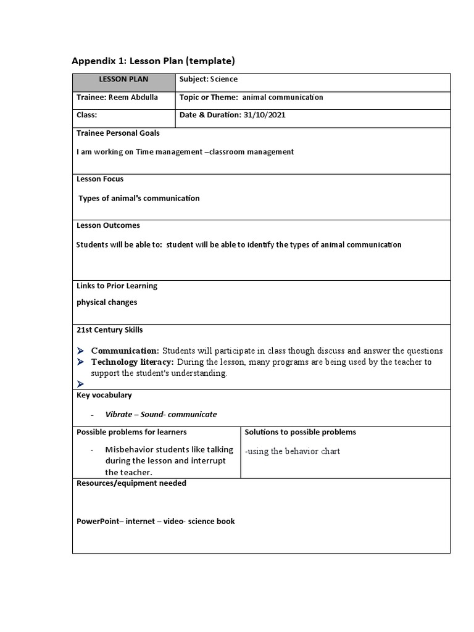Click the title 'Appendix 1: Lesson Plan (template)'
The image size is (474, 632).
click(153, 60)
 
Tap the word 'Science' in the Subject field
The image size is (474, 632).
click(224, 80)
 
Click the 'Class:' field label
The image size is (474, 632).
click(87, 115)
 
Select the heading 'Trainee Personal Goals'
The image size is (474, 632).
click(118, 133)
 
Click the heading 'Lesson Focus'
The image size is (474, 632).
click(100, 179)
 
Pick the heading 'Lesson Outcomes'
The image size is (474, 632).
click(108, 225)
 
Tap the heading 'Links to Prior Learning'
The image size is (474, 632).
click(117, 286)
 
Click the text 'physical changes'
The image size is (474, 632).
click(107, 302)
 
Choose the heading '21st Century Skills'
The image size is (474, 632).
click(109, 330)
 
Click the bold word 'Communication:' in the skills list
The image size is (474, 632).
click(125, 351)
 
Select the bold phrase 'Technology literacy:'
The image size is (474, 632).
click(133, 362)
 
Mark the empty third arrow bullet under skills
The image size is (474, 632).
click(80, 384)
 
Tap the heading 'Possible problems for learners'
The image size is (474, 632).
click(131, 432)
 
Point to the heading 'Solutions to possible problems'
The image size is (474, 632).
click(300, 432)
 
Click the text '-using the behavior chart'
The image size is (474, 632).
click(293, 451)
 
